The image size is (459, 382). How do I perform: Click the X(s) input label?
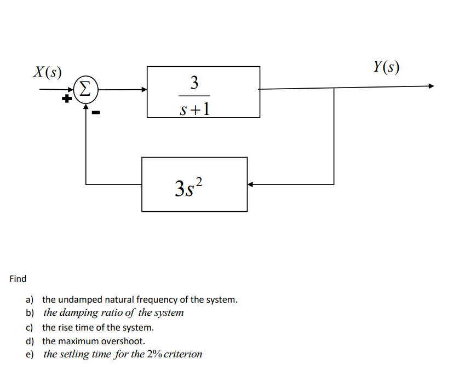(x=48, y=72)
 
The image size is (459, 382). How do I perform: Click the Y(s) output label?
(x=386, y=67)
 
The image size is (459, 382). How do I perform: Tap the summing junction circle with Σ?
(x=85, y=89)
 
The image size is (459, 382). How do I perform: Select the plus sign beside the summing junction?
(x=66, y=100)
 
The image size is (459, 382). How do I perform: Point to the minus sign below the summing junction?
(x=96, y=113)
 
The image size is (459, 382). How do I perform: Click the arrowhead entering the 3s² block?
(x=250, y=184)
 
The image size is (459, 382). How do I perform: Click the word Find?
(x=18, y=279)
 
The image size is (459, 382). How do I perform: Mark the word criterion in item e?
(x=183, y=354)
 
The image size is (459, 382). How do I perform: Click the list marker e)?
(x=30, y=354)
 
